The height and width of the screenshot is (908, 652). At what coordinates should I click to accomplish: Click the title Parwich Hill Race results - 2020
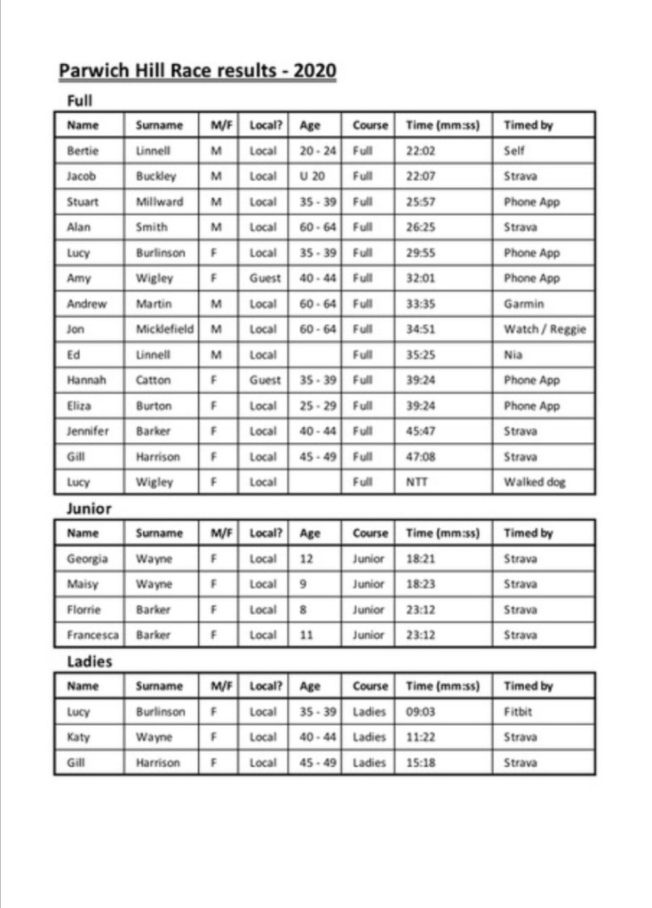click(197, 71)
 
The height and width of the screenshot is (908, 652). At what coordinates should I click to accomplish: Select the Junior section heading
click(89, 509)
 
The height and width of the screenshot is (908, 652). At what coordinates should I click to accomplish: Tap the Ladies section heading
click(90, 661)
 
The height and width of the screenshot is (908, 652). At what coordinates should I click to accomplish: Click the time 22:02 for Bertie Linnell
click(420, 151)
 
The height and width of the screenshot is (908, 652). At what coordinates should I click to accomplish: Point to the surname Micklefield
click(164, 329)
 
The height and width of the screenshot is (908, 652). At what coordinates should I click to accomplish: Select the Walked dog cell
click(535, 483)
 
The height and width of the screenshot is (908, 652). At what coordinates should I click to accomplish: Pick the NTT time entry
click(417, 483)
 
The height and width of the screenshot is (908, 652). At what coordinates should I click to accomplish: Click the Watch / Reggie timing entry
click(545, 329)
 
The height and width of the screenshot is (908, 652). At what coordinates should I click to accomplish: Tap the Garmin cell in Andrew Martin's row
click(523, 304)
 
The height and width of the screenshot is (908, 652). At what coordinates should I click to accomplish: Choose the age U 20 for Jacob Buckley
click(313, 176)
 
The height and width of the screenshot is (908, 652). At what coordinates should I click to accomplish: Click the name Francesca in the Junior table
click(93, 636)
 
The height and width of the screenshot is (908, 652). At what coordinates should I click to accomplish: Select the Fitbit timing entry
click(519, 712)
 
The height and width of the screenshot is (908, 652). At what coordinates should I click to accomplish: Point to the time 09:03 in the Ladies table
click(420, 712)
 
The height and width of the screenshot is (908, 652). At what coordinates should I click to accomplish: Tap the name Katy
click(79, 738)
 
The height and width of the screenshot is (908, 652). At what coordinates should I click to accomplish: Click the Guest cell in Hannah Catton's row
click(264, 380)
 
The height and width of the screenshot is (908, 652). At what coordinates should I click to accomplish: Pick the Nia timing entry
click(513, 355)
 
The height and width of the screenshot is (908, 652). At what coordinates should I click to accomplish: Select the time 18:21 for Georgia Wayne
click(420, 559)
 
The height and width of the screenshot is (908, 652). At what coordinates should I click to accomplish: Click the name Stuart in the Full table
click(83, 201)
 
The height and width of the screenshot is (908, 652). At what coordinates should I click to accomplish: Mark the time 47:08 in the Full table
click(420, 457)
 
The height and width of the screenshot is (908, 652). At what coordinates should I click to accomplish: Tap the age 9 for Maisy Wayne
click(304, 585)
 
